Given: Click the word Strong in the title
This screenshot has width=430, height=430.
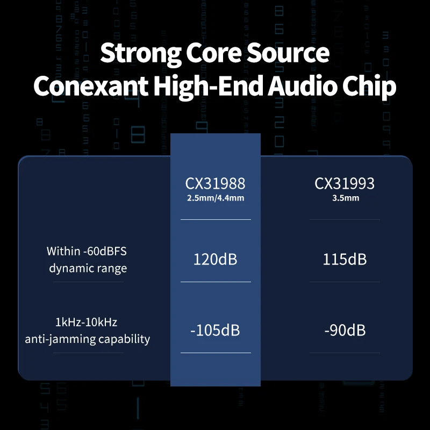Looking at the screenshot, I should click(139, 54).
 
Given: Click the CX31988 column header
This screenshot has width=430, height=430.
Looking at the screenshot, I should click(215, 183).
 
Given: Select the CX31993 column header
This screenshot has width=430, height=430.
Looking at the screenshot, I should click(345, 183).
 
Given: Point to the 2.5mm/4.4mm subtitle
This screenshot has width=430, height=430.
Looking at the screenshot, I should click(215, 197).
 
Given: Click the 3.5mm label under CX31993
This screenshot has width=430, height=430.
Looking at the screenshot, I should click(345, 197).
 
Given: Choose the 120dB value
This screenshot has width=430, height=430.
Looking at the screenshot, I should click(215, 260).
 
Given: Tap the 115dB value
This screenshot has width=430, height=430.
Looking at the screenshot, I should click(345, 260).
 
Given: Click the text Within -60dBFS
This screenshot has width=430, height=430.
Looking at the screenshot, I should click(86, 251).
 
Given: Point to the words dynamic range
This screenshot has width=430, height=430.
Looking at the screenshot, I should click(86, 268).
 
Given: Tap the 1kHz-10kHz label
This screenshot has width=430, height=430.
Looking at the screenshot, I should click(86, 322).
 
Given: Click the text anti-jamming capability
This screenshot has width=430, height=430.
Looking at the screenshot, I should click(87, 339).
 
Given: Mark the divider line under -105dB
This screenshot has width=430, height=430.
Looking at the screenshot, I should click(215, 353).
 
